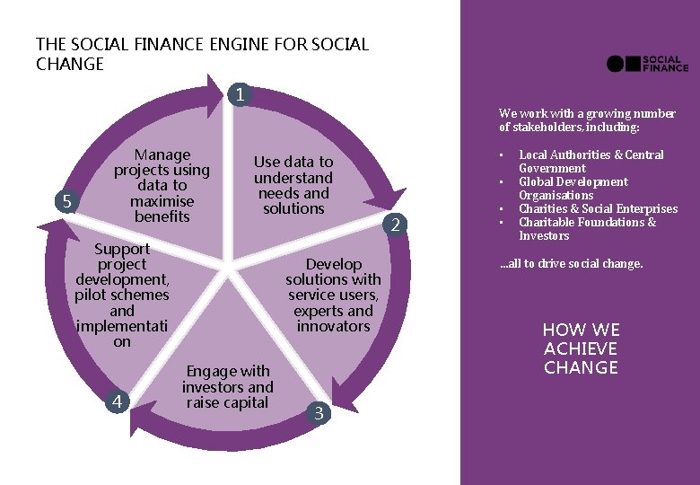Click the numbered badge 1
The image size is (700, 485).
(x=241, y=94)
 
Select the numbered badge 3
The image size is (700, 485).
(x=319, y=412)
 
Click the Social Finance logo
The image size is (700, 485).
(x=647, y=63)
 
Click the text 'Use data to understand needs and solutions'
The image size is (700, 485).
(x=293, y=185)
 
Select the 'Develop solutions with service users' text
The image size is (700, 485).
(x=334, y=295)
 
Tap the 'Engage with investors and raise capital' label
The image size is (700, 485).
(x=228, y=387)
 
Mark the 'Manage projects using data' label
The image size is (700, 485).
(x=162, y=185)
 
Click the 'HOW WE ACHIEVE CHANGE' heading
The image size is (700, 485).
(x=581, y=348)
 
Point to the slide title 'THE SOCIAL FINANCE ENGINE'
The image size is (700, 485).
(x=202, y=54)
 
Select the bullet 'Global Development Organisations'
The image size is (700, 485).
(x=573, y=189)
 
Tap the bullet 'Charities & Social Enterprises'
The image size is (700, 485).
(x=598, y=209)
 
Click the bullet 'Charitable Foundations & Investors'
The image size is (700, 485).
(x=587, y=229)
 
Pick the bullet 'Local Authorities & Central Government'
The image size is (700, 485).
(x=591, y=162)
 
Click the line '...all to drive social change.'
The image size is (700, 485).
(x=571, y=264)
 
